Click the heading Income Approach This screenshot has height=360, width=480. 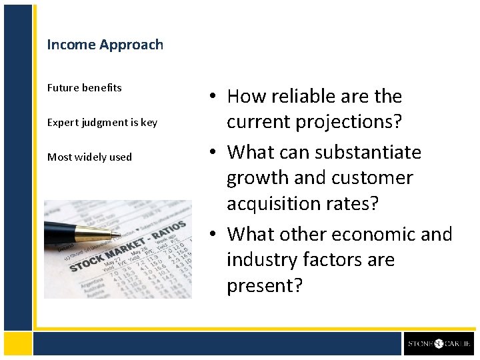(105, 45)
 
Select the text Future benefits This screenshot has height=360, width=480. (84, 88)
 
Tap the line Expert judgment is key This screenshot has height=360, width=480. (102, 123)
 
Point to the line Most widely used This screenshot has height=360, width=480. (89, 157)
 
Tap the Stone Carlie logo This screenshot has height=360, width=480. (439, 344)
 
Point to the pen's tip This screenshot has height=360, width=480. (119, 235)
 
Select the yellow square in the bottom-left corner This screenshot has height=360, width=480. (17, 343)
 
